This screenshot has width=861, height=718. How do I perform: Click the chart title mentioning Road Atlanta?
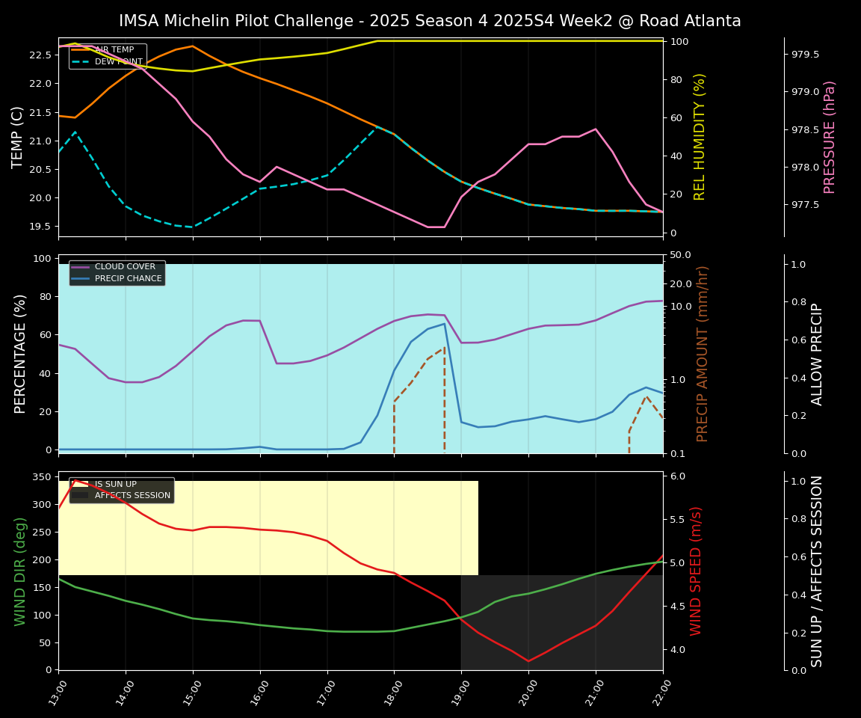coord(430,21)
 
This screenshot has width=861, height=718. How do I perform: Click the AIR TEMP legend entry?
coord(114,50)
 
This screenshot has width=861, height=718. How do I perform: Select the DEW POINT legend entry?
coord(118,62)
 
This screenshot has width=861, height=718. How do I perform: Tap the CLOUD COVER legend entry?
coord(125,267)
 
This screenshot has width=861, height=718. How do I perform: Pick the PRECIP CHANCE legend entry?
coord(128,279)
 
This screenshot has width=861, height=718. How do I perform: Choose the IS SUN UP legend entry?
coord(115,484)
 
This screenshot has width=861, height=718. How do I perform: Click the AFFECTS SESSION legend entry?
coord(132,496)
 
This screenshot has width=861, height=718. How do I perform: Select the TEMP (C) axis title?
coord(19,137)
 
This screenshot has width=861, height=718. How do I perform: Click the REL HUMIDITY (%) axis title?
coord(700,137)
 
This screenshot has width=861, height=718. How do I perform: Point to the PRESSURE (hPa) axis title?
coord(830,137)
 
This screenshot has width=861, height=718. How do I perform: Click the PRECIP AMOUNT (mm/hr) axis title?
coord(703,354)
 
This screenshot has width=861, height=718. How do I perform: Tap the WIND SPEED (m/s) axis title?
coord(697,571)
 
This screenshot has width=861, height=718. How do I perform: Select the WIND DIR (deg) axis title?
coord(20,571)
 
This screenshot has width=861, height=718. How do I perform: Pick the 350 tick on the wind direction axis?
coord(42,477)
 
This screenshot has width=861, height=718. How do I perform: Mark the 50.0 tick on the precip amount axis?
coord(680,255)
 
